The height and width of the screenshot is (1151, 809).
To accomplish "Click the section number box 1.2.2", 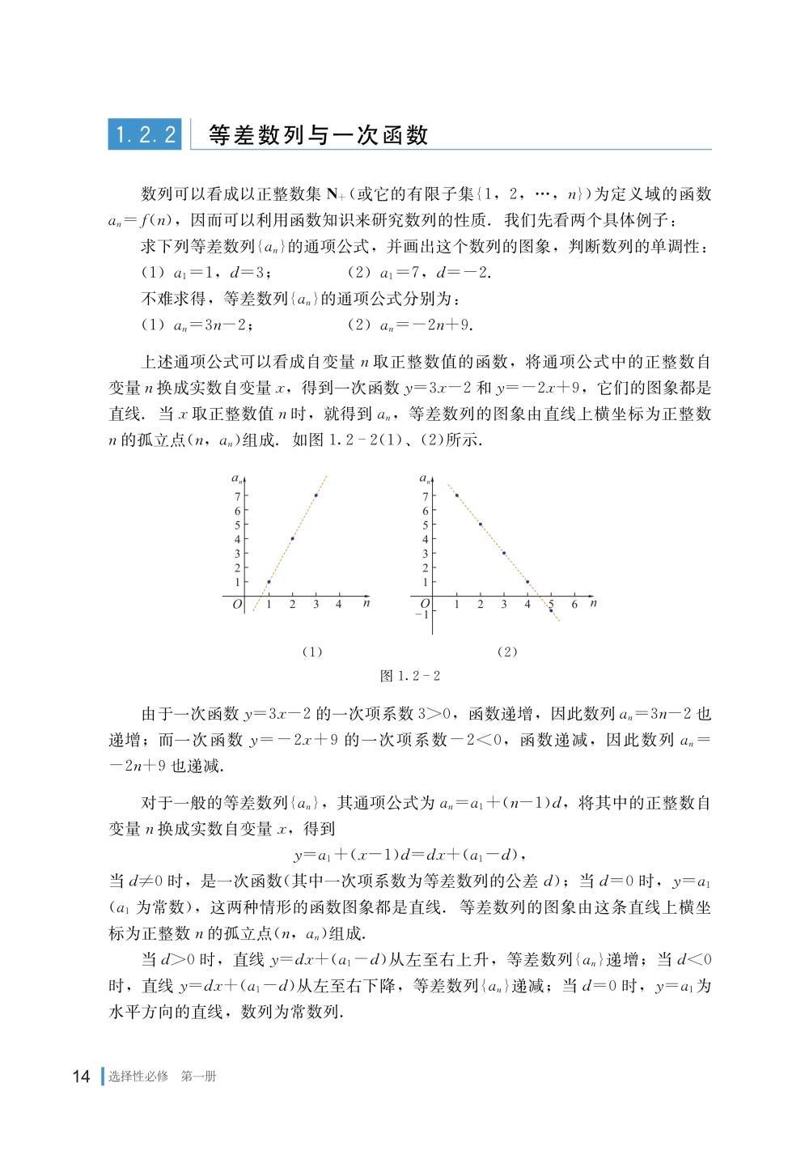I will click(145, 134).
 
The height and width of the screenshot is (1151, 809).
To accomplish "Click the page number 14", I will click(81, 1077).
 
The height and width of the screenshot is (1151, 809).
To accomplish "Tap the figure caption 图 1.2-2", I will click(410, 676).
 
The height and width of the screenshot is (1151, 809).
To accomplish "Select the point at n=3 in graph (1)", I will click(316, 495).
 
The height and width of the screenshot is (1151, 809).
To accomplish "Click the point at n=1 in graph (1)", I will click(269, 582).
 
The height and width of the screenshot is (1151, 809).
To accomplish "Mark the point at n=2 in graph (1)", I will click(292, 539).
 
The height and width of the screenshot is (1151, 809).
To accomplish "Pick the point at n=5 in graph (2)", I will click(551, 610).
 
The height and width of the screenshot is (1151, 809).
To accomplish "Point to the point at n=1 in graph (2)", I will click(457, 495).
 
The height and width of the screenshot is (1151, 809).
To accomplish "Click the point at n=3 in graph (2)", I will click(504, 553).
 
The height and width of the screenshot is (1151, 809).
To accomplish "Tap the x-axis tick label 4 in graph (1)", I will click(338, 605).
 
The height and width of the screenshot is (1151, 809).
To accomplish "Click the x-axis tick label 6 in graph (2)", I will click(574, 605).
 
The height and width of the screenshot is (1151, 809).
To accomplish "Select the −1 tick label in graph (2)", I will click(421, 615).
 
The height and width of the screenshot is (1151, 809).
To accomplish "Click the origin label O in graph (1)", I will click(238, 605).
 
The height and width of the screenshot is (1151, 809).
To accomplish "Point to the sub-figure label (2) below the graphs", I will click(507, 651).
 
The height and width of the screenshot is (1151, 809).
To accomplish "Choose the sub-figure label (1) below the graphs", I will click(311, 651).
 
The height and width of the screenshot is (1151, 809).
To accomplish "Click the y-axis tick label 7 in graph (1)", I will click(237, 495).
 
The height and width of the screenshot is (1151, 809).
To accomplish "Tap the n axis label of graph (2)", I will click(593, 603).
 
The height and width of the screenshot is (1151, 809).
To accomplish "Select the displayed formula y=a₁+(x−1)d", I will click(410, 855).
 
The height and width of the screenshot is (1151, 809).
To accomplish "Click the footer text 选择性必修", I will click(138, 1077).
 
